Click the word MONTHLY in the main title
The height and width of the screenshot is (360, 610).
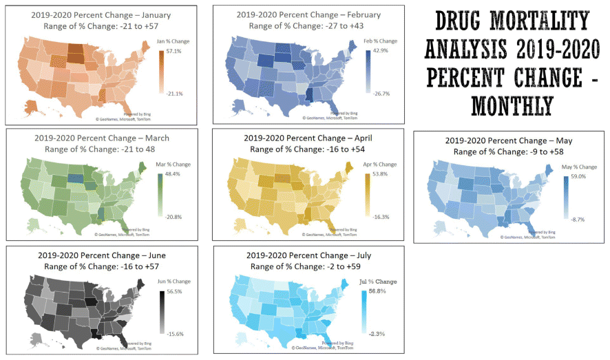pyautogui.click(x=512, y=105)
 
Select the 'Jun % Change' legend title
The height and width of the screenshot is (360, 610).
pyautogui.click(x=173, y=281)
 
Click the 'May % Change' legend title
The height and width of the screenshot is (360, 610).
pyautogui.click(x=579, y=167)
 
